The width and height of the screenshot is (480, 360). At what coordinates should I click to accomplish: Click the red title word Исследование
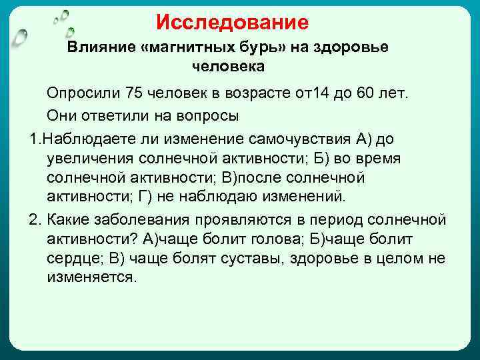point(233,23)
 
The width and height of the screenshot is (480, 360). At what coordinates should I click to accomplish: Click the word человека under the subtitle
point(228,67)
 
